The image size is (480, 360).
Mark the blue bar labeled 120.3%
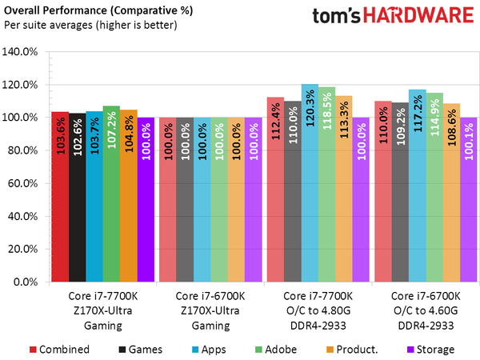coord(309,183)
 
